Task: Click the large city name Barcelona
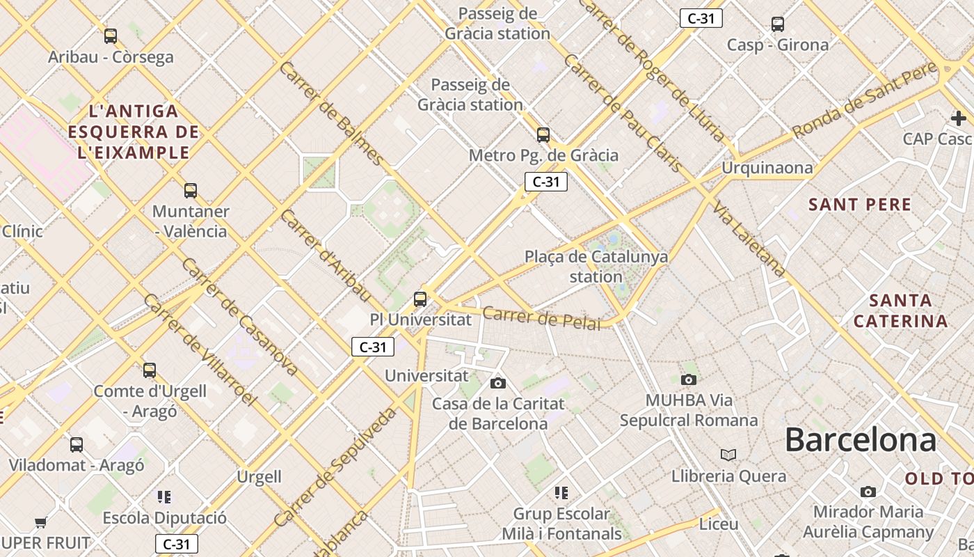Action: pyautogui.click(x=861, y=440)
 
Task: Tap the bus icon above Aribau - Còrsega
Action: pyautogui.click(x=111, y=36)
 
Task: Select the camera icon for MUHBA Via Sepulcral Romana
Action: pyautogui.click(x=689, y=379)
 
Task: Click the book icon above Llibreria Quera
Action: pyautogui.click(x=728, y=455)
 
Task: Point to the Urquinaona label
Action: pyautogui.click(x=767, y=168)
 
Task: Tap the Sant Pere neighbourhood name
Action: pyautogui.click(x=860, y=205)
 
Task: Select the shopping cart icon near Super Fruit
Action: pyautogui.click(x=40, y=522)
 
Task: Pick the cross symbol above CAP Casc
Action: pyautogui.click(x=959, y=118)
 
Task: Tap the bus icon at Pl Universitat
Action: pyautogui.click(x=420, y=299)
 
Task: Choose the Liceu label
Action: pyautogui.click(x=719, y=524)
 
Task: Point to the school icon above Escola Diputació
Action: pyautogui.click(x=164, y=497)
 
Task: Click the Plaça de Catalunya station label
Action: pyautogui.click(x=596, y=267)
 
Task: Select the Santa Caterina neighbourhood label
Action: pyautogui.click(x=901, y=311)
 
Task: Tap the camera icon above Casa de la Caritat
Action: pyautogui.click(x=498, y=383)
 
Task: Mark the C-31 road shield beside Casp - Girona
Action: pyautogui.click(x=701, y=19)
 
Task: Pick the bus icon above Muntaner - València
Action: pyautogui.click(x=191, y=191)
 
